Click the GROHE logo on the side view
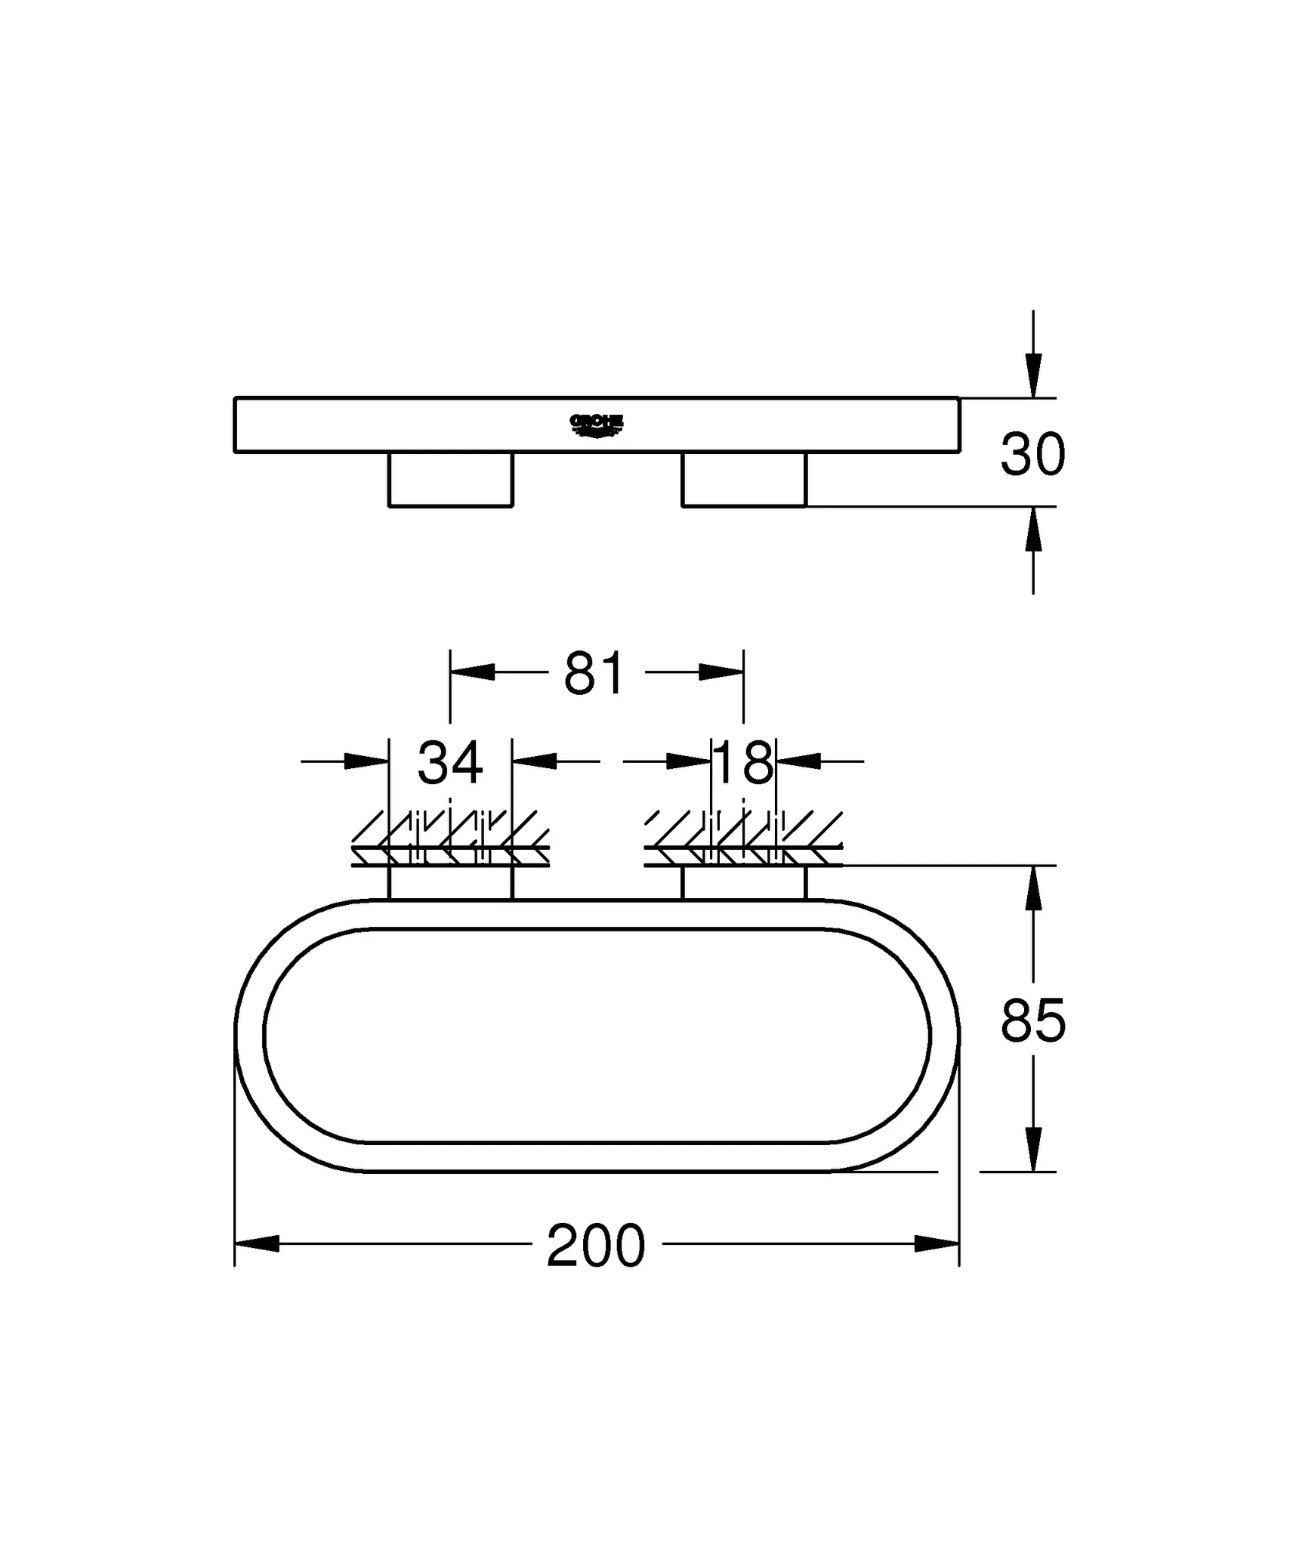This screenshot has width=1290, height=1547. click(x=596, y=425)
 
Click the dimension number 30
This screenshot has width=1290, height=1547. click(x=1032, y=455)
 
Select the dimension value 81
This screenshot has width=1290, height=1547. click(x=595, y=674)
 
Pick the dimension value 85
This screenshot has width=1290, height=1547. click(x=1032, y=1021)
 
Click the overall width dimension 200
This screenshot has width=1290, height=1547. click(x=596, y=1247)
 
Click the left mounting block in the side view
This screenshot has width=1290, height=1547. click(x=451, y=479)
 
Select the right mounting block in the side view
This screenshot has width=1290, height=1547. click(x=744, y=479)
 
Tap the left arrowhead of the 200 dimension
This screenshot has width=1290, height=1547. click(x=257, y=1244)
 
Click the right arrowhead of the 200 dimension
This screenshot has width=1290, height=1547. click(x=937, y=1244)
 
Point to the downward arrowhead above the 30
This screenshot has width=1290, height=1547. click(x=1033, y=375)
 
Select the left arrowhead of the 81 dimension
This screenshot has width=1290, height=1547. click(x=472, y=672)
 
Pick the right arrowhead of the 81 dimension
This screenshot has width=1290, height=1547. click(x=721, y=672)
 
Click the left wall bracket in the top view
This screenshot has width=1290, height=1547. click(x=451, y=883)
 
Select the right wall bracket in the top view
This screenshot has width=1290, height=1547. click(x=744, y=883)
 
